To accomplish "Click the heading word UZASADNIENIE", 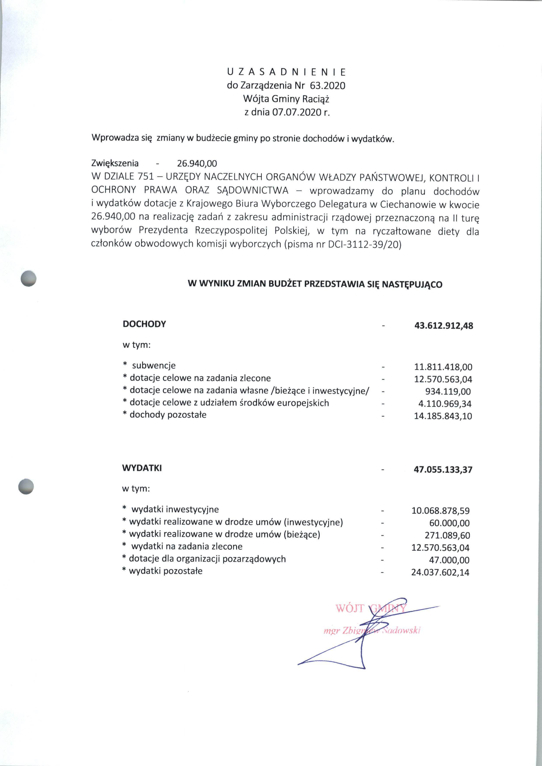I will [286, 72].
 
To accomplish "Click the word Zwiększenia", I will [115, 163].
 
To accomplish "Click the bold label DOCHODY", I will [144, 324].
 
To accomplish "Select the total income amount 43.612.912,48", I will [444, 326].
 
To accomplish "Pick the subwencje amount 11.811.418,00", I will [443, 367].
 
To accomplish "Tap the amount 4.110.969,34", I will [445, 404].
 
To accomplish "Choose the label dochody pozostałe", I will [168, 415].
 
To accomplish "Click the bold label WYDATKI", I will [142, 468].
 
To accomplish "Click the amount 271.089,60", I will [447, 535].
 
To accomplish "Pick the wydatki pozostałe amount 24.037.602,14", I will [440, 572].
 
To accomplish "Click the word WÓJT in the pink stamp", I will [349, 608].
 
